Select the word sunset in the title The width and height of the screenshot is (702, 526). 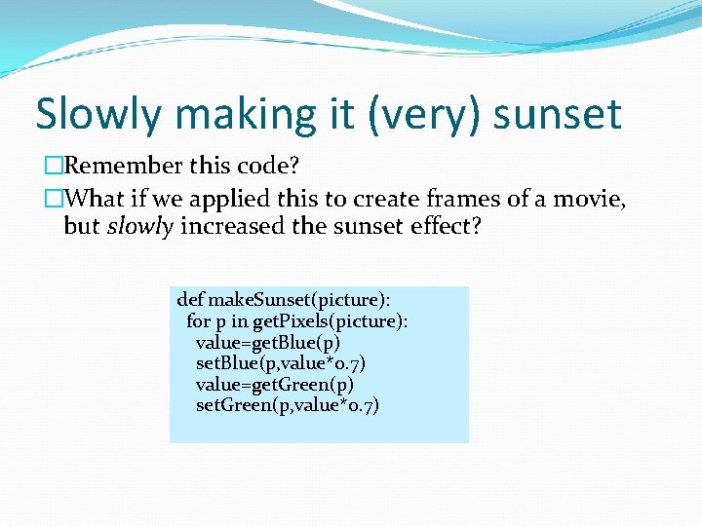pyautogui.click(x=557, y=114)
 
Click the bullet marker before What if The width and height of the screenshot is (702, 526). pyautogui.click(x=53, y=200)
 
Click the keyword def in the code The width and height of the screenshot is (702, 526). pyautogui.click(x=190, y=300)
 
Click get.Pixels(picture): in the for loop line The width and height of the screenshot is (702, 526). pyautogui.click(x=331, y=320)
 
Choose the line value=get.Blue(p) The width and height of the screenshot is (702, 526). pyautogui.click(x=268, y=342)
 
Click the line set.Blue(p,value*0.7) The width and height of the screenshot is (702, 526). pyautogui.click(x=281, y=362)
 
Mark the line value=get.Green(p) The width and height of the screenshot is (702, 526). pyautogui.click(x=275, y=384)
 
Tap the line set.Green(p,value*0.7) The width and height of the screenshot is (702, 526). pyautogui.click(x=288, y=404)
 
